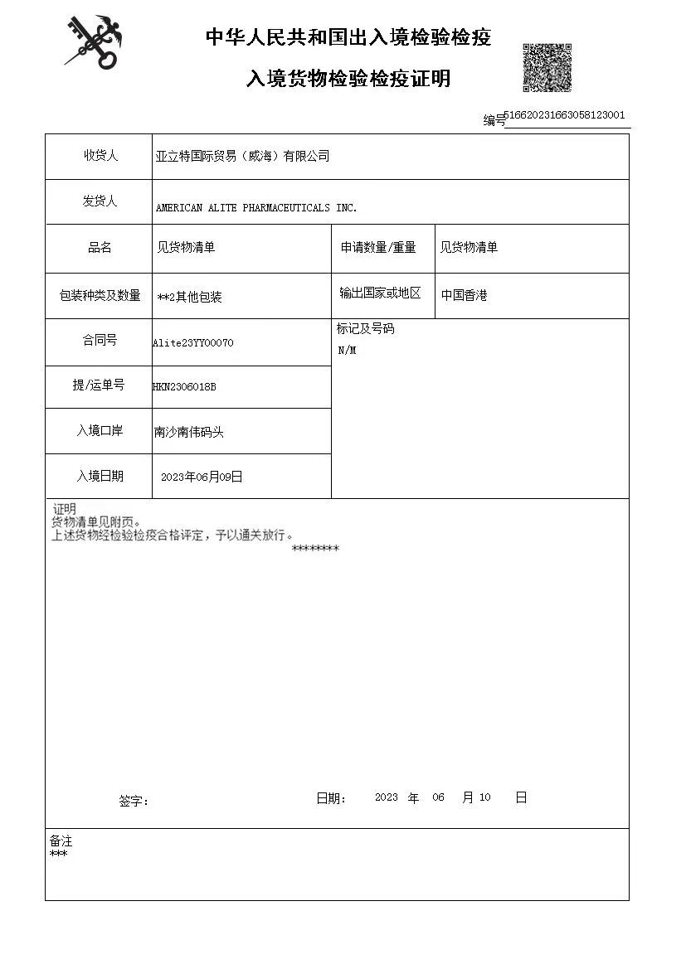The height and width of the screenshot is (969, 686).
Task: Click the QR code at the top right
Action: click(x=547, y=67)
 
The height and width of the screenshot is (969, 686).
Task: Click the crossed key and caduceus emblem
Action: click(x=94, y=41)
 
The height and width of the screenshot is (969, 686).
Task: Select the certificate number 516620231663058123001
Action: click(x=564, y=115)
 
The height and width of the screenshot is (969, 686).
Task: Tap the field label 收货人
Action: click(x=100, y=155)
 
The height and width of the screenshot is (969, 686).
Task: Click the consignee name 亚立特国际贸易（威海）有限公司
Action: click(x=242, y=156)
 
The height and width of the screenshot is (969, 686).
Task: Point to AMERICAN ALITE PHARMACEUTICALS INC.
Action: click(x=256, y=208)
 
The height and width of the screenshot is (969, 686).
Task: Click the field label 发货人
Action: click(x=100, y=201)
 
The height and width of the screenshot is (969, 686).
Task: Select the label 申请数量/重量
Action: click(x=378, y=248)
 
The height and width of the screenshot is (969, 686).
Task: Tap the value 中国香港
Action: click(x=464, y=294)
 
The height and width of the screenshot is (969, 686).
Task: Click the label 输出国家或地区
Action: click(x=380, y=293)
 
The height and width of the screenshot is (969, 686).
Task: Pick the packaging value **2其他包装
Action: click(x=189, y=297)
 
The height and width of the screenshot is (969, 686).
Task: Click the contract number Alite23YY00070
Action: click(x=193, y=342)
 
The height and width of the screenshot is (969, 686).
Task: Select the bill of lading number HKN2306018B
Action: click(x=184, y=387)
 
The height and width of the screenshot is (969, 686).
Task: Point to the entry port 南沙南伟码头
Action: click(x=189, y=432)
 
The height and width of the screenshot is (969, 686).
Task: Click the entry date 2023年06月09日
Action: click(x=202, y=477)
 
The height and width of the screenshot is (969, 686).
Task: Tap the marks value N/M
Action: click(x=347, y=351)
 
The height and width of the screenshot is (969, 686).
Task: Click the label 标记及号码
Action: click(x=365, y=329)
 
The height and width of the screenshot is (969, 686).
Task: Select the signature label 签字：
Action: click(x=134, y=802)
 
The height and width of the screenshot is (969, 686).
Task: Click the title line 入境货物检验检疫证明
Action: click(x=348, y=79)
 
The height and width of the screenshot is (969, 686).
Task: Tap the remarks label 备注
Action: click(x=61, y=841)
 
